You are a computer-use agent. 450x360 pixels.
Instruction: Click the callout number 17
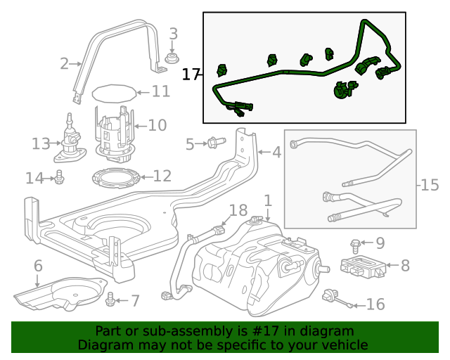click(x=191, y=74)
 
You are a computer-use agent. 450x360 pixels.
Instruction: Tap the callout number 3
click(x=173, y=34)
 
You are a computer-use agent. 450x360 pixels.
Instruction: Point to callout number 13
click(x=41, y=144)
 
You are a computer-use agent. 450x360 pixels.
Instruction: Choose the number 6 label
click(x=38, y=266)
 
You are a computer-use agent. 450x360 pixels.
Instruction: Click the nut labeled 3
click(x=170, y=56)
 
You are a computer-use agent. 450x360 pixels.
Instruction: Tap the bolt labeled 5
click(x=214, y=143)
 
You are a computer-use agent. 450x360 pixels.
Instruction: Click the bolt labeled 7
click(x=110, y=301)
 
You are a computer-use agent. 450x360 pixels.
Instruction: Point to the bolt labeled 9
click(x=356, y=245)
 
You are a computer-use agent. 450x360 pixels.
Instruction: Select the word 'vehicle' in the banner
click(x=343, y=345)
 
